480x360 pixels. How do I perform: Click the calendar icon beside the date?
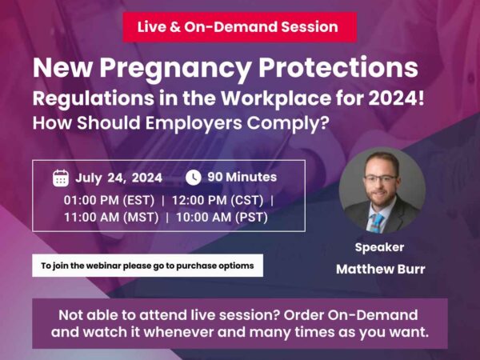click(61, 178)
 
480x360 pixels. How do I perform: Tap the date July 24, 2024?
click(119, 178)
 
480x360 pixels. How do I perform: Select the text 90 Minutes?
click(242, 177)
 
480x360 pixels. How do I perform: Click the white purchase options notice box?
click(147, 266)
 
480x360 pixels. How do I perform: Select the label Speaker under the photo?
click(379, 247)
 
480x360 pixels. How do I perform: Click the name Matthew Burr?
click(380, 269)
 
